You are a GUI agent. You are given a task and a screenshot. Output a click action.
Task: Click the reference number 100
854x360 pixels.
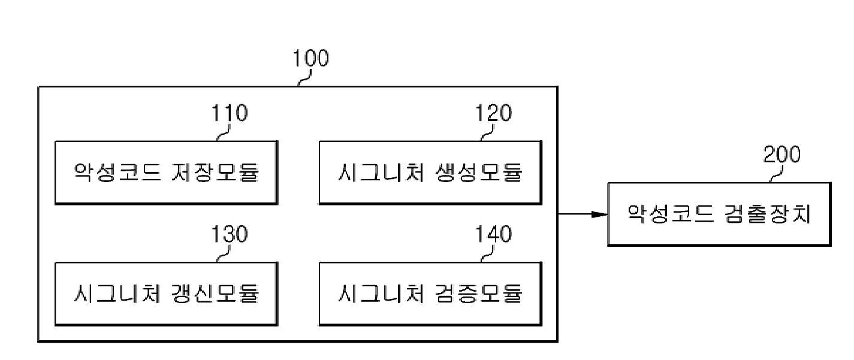[310, 58]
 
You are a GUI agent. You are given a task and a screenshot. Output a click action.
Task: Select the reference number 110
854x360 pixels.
[230, 113]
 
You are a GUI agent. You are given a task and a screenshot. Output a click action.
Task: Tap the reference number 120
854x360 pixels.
[493, 113]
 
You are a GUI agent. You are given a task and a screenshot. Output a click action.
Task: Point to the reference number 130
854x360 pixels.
[230, 234]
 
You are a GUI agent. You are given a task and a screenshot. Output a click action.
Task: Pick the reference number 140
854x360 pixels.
[493, 234]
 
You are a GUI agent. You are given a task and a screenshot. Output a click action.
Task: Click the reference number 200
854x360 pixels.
[782, 155]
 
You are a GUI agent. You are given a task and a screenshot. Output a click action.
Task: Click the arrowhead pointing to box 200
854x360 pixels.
[600, 214]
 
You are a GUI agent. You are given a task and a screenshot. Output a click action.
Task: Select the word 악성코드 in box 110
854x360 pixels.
[117, 172]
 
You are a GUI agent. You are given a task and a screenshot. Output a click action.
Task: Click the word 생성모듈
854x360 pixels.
[479, 172]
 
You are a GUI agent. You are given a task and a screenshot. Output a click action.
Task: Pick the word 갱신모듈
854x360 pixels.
[215, 294]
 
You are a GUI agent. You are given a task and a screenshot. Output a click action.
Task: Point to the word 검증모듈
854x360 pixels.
[479, 294]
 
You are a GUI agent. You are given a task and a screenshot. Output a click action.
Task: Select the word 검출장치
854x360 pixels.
[767, 214]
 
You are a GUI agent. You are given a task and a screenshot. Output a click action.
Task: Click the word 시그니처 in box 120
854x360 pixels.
[381, 172]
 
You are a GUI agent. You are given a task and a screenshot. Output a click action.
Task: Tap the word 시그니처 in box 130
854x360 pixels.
[117, 294]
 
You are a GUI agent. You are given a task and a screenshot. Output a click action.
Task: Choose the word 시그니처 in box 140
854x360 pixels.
[381, 294]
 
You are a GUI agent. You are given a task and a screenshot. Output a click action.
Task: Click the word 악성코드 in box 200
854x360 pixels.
[670, 214]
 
